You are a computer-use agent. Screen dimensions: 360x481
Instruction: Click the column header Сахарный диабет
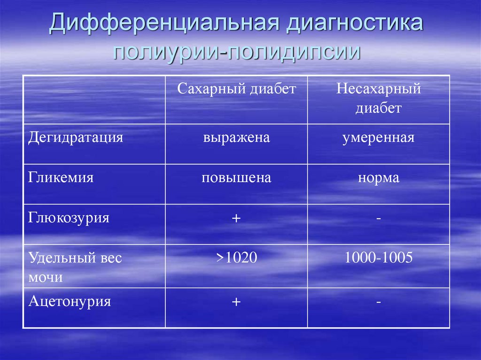point(237,89)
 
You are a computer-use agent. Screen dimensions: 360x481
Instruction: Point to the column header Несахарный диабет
point(378,99)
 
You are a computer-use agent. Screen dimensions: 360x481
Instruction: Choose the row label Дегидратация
point(76,138)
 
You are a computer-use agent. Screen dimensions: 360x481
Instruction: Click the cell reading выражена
point(236,138)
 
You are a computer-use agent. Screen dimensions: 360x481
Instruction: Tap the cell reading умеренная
point(378,138)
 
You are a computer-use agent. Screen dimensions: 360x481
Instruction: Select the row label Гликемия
point(61,178)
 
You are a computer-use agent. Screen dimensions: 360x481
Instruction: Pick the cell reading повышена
point(236,178)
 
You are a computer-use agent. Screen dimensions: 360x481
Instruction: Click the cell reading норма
point(378,178)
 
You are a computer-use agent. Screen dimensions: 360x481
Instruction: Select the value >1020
point(236,258)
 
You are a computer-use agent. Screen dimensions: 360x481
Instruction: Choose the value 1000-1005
point(378,258)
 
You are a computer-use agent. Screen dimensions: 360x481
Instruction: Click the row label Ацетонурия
point(70,301)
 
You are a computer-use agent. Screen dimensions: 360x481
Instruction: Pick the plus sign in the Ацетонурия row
point(236,302)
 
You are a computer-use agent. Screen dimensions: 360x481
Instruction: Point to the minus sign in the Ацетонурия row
point(378,302)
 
